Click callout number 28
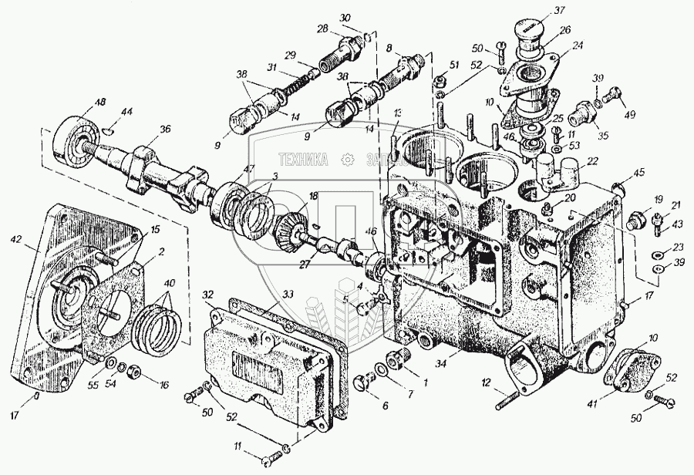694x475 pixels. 322,29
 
